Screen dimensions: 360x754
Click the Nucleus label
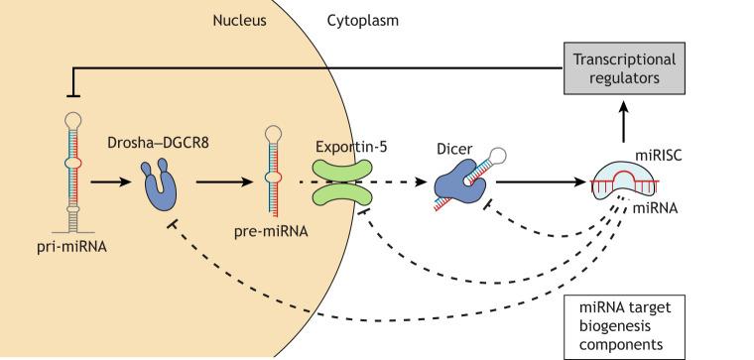tap(240, 18)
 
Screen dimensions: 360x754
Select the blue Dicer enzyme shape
tap(452, 183)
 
